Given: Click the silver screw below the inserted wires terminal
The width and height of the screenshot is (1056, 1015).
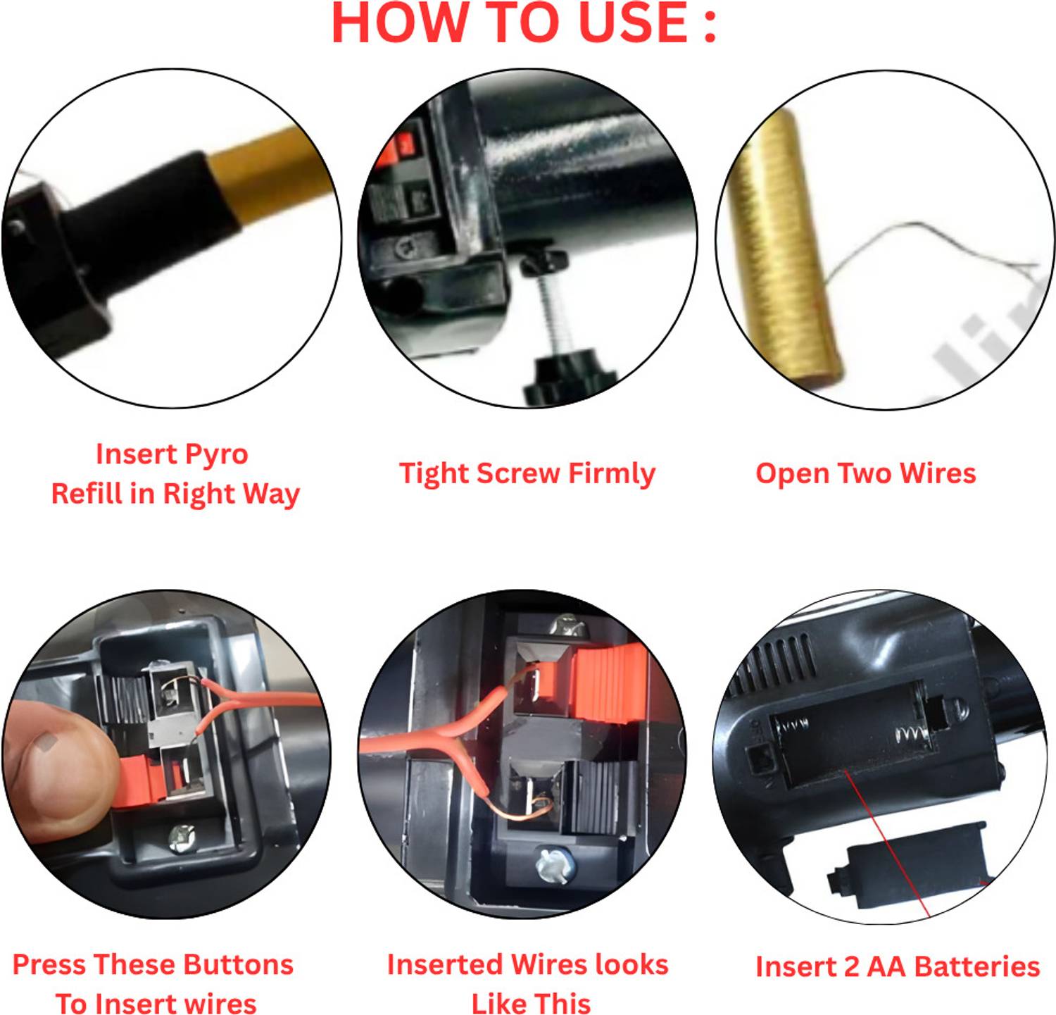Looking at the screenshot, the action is pos(552,864).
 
